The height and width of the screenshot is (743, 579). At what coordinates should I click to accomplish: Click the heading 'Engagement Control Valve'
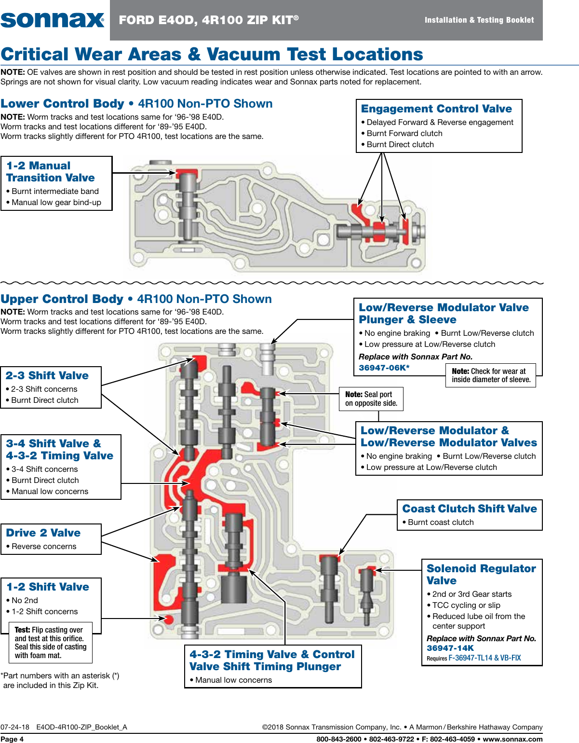[x=436, y=109]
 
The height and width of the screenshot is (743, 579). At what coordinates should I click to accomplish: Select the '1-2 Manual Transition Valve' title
[x=50, y=172]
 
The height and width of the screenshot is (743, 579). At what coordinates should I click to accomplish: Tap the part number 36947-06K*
[x=384, y=368]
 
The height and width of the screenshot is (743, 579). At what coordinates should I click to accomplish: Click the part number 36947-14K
[x=450, y=648]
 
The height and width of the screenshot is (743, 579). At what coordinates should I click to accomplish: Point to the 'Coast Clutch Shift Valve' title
[x=469, y=509]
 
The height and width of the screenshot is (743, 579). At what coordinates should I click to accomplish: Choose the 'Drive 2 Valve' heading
[x=43, y=533]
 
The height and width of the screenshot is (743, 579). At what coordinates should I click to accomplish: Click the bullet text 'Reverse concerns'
[x=44, y=546]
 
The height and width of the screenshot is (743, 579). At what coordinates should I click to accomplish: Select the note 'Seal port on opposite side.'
[x=371, y=399]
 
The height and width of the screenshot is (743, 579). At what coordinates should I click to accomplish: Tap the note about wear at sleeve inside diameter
[x=491, y=375]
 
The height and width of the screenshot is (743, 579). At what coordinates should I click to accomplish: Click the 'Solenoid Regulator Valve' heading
[x=481, y=575]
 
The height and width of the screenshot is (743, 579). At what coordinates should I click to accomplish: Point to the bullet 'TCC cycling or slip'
[x=466, y=605]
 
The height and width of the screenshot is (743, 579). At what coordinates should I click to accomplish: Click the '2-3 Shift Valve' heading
[x=47, y=376]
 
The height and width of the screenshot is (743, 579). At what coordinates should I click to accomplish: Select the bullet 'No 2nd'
[x=25, y=600]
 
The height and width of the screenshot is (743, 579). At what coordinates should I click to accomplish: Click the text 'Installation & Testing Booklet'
[x=479, y=20]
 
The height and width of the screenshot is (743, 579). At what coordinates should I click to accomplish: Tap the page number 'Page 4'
[x=12, y=739]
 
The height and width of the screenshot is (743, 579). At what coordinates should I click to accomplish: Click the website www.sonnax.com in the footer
[x=512, y=739]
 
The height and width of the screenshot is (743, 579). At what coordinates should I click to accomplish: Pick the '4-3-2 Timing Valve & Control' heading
[x=272, y=655]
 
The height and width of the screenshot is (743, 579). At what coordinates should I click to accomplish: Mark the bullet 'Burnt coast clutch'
[x=441, y=522]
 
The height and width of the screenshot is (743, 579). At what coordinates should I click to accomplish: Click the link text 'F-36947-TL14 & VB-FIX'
[x=485, y=658]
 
